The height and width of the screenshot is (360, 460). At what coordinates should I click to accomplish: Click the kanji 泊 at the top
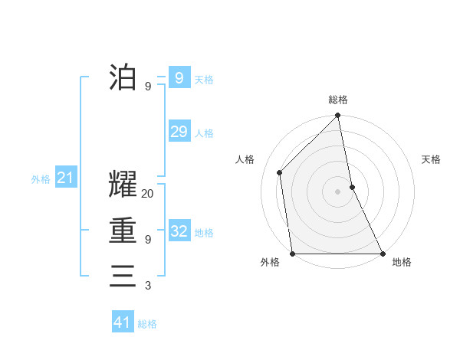click(123, 77)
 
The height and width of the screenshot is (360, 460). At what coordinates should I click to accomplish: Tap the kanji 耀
click(123, 187)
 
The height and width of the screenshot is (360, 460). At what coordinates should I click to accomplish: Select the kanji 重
click(123, 231)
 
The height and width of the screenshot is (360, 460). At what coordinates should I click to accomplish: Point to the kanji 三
click(123, 276)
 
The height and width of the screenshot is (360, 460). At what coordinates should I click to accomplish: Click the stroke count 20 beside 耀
click(148, 195)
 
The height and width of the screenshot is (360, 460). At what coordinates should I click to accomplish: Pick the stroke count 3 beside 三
click(148, 286)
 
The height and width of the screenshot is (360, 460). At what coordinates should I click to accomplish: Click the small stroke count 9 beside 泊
click(148, 87)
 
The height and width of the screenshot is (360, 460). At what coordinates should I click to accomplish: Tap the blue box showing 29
click(179, 132)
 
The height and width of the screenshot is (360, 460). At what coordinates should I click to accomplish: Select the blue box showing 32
click(179, 231)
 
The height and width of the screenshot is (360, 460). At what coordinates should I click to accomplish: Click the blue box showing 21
click(65, 178)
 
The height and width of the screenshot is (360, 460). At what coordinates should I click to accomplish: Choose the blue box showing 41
click(123, 322)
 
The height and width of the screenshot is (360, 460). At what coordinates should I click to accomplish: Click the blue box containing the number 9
click(179, 77)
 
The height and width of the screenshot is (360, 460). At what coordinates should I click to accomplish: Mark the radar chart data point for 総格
click(338, 116)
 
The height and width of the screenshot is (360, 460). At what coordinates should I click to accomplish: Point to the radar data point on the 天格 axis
click(352, 187)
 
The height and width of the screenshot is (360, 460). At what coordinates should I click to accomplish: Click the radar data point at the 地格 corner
click(382, 254)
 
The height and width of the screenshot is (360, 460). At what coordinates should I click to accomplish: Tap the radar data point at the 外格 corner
click(293, 254)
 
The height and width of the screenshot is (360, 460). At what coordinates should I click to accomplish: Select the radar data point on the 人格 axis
click(280, 172)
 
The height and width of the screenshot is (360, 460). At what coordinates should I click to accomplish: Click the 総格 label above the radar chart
click(338, 100)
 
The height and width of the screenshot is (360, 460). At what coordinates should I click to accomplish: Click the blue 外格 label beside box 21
click(41, 179)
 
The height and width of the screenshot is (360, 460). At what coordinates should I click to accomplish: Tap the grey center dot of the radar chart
click(338, 191)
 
